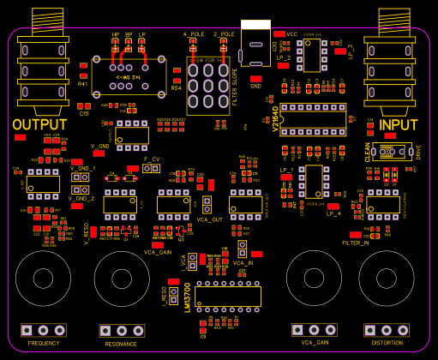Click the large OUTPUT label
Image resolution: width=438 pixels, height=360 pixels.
tap(39, 125)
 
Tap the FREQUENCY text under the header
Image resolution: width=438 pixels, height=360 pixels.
tap(44, 343)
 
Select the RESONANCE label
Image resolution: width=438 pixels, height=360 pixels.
tap(121, 344)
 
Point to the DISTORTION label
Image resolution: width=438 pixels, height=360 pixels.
tap(387, 343)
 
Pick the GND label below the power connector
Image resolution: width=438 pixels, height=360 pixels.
tap(255, 86)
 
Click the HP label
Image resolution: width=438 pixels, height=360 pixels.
tap(116, 34)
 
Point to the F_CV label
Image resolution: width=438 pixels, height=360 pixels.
tap(152, 159)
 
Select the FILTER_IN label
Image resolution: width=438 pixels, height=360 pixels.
tap(356, 243)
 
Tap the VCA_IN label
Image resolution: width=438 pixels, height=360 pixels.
tap(243, 262)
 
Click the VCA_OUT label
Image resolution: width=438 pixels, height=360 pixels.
tap(210, 219)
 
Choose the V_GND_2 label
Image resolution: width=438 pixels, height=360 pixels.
tap(81, 198)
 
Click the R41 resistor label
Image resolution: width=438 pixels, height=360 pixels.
tap(83, 84)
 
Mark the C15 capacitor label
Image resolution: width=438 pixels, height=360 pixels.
tap(84, 113)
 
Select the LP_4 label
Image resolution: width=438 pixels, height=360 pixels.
tap(333, 213)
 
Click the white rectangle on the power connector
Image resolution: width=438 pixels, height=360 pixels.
tap(255, 25)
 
